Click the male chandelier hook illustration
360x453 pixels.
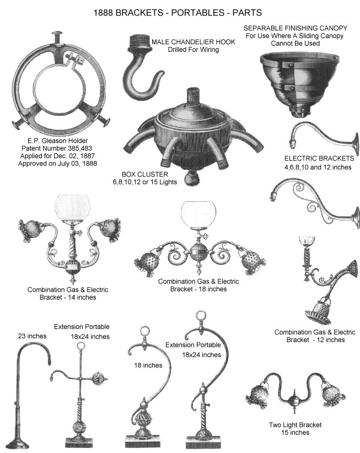(x=142, y=72)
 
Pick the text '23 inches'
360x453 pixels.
(x=32, y=335)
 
